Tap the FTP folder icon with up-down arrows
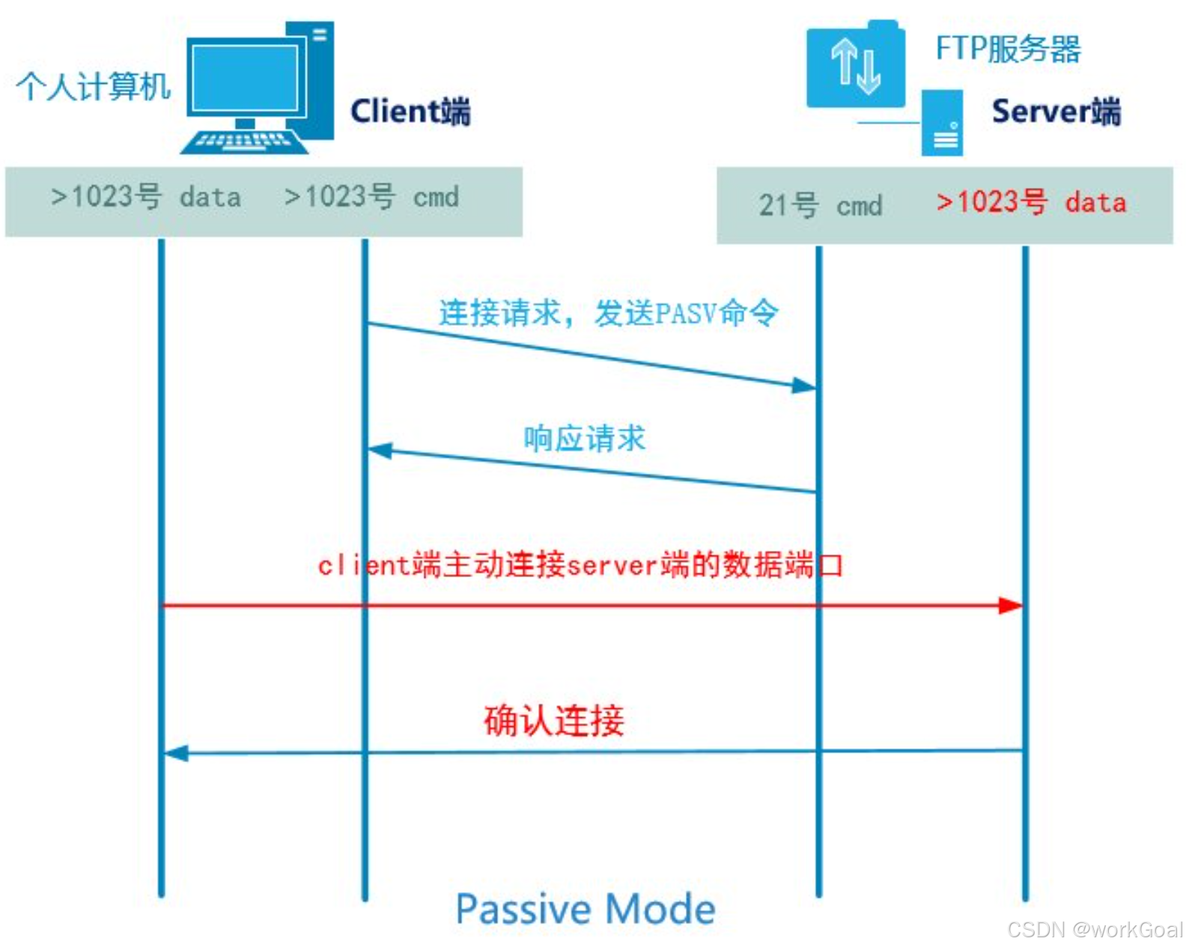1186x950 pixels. pyautogui.click(x=855, y=65)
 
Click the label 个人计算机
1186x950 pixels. pyautogui.click(x=94, y=87)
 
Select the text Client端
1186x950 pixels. pyautogui.click(x=410, y=112)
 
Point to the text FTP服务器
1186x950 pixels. pyautogui.click(x=1008, y=49)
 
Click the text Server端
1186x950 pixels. pyautogui.click(x=1056, y=112)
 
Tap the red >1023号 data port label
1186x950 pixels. pyautogui.click(x=1031, y=202)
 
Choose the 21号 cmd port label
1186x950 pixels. pyautogui.click(x=821, y=205)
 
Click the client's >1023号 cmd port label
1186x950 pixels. pyautogui.click(x=371, y=197)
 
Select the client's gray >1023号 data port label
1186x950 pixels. pyautogui.click(x=145, y=197)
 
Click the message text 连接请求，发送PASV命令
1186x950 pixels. pyautogui.click(x=608, y=313)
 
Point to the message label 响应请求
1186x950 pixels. pyautogui.click(x=584, y=438)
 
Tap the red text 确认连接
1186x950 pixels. pyautogui.click(x=553, y=720)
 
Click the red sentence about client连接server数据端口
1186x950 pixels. pyautogui.click(x=580, y=565)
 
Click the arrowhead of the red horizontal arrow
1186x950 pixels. pyautogui.click(x=1012, y=605)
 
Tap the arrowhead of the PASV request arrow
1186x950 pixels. pyautogui.click(x=804, y=386)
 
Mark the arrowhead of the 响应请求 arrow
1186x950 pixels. pyautogui.click(x=380, y=451)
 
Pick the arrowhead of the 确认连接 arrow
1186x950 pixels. pyautogui.click(x=176, y=753)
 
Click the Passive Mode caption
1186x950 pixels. pyautogui.click(x=586, y=910)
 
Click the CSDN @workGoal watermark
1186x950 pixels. pyautogui.click(x=1094, y=930)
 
